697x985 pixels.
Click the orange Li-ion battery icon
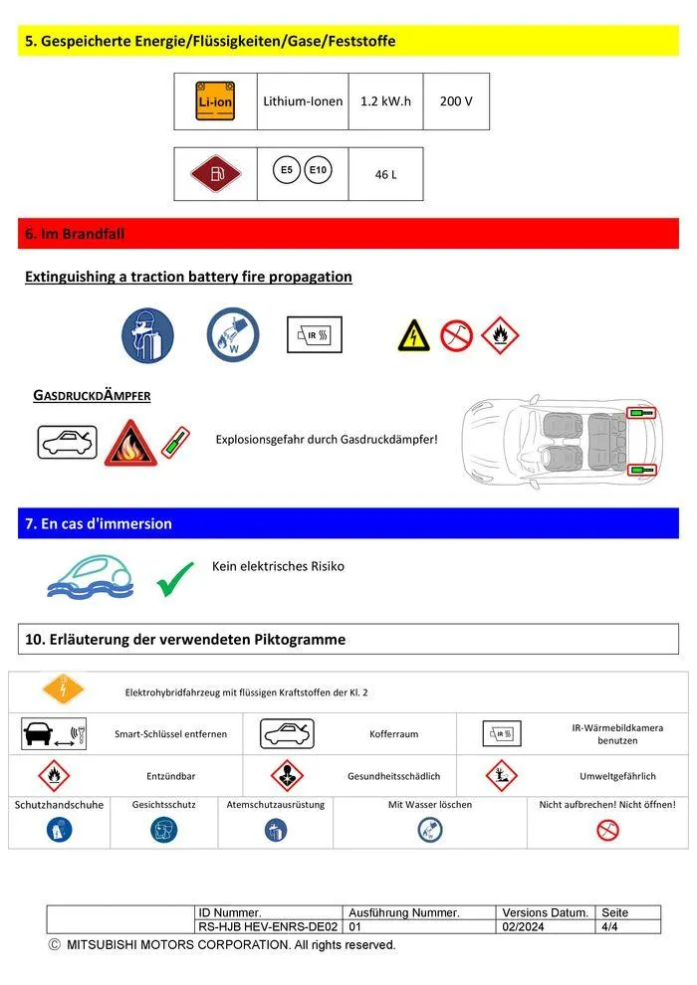point(215,100)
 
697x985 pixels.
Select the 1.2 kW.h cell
point(385,101)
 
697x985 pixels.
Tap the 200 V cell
point(456,101)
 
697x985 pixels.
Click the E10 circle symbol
point(319,170)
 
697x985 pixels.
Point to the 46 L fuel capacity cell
point(385,174)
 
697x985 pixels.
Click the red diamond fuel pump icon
point(215,174)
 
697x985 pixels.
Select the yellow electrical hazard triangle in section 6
point(413,335)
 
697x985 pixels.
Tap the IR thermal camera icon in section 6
point(315,334)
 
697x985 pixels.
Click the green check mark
point(175,579)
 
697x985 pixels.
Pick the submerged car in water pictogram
point(91,576)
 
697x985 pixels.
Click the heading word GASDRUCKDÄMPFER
point(92,395)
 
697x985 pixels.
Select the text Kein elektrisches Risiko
point(278,566)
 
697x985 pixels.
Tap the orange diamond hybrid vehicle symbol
point(63,689)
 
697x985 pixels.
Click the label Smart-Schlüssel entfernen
point(171,734)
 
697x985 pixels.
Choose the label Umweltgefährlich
point(617,776)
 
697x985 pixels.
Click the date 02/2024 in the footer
point(518,926)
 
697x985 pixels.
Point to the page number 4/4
point(609,926)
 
